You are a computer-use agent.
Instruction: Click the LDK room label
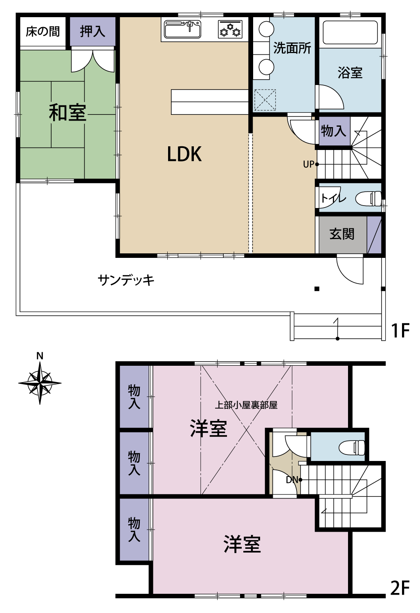pos(184,154)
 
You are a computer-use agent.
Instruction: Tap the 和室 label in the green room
pos(67,112)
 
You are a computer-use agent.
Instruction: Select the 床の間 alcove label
pos(43,31)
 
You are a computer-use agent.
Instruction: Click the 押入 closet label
pos(92,31)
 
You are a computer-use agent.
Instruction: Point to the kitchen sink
pos(183,29)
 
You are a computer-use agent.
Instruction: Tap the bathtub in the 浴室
pos(350,32)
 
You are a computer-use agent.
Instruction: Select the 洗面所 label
pos(292,48)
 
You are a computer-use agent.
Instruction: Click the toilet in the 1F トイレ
pos(368,198)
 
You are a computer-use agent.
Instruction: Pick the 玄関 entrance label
pos(342,234)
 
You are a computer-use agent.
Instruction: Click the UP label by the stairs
pos(309,164)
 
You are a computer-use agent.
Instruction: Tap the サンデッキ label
pos(126,280)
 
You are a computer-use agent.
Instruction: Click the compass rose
pos(40,383)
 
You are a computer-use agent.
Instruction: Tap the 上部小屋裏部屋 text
pos(246,405)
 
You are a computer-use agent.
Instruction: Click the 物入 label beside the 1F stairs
pos(333,130)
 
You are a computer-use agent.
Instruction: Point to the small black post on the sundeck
pos(317,289)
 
